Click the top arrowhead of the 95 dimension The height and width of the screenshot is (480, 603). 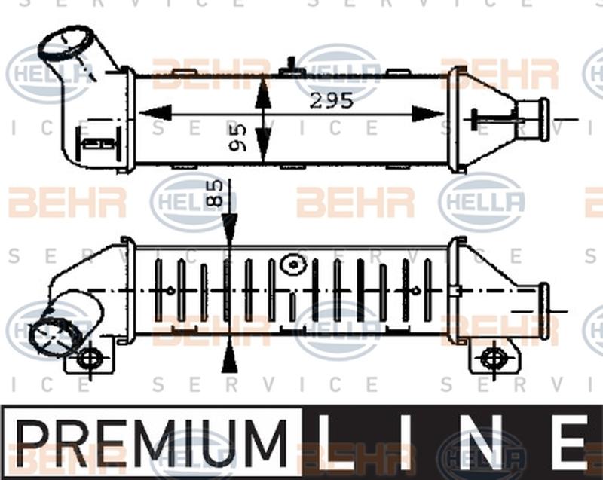(x=262, y=90)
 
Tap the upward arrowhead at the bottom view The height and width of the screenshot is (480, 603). (x=228, y=359)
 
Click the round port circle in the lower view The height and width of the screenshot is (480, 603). (x=291, y=265)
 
